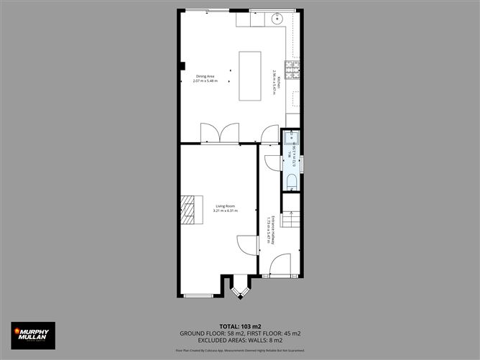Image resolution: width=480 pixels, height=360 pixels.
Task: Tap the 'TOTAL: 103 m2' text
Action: point(240,326)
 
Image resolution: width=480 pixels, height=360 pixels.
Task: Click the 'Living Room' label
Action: point(225,206)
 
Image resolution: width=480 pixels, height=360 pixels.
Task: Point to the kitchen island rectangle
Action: point(251,76)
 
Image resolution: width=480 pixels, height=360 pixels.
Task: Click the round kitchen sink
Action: point(279,19)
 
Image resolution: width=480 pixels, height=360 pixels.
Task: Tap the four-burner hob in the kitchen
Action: point(293,70)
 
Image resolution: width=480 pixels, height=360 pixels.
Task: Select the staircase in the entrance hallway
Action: point(291,213)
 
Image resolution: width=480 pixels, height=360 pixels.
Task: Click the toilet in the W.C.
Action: point(291,181)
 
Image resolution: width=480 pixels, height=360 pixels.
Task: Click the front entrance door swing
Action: point(280,267)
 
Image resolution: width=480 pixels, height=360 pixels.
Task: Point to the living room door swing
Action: point(247,246)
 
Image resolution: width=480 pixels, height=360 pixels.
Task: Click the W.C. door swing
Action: point(273,162)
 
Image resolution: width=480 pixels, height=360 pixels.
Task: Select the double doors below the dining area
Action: point(220,133)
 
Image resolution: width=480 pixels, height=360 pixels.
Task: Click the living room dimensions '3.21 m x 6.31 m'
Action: point(225,211)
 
